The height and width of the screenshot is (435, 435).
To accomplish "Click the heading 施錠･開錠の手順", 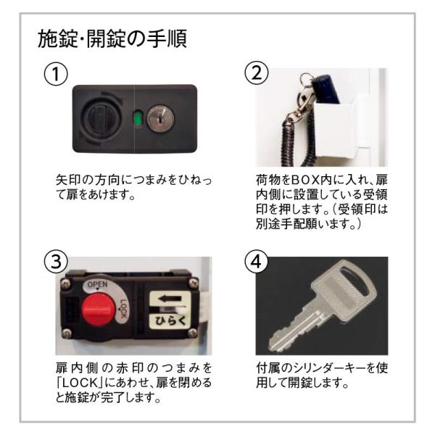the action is tap(112, 38).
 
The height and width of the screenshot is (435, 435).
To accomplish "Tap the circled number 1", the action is tap(56, 74).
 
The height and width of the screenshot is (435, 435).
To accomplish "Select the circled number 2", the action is tap(257, 73).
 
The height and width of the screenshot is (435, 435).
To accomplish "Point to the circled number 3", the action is tap(56, 261).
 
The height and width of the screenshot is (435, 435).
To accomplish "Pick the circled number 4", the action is tap(257, 261).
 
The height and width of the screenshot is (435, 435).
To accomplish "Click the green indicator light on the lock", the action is tap(137, 119).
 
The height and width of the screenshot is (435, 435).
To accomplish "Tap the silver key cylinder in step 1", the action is tap(160, 118).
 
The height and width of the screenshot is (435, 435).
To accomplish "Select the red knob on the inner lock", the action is tap(98, 310).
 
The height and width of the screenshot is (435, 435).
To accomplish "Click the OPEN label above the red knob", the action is tap(97, 285).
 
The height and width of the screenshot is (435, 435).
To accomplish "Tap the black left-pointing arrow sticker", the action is tap(170, 299).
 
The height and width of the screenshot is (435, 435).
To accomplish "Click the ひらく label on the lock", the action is tap(170, 320).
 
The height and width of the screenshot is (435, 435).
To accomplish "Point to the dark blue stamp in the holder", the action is tap(326, 88).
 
